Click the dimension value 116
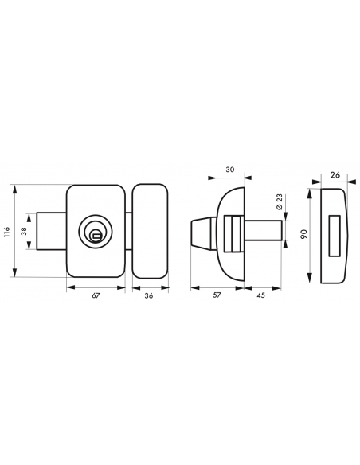coord(7,232)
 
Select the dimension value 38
coord(24,231)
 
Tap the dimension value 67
coord(96,295)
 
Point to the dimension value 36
coord(149,295)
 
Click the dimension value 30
coord(230,170)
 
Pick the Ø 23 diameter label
coord(280,202)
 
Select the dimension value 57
coord(217,295)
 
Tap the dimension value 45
coord(261,295)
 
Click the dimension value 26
coord(335,175)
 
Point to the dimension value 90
coord(304,234)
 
